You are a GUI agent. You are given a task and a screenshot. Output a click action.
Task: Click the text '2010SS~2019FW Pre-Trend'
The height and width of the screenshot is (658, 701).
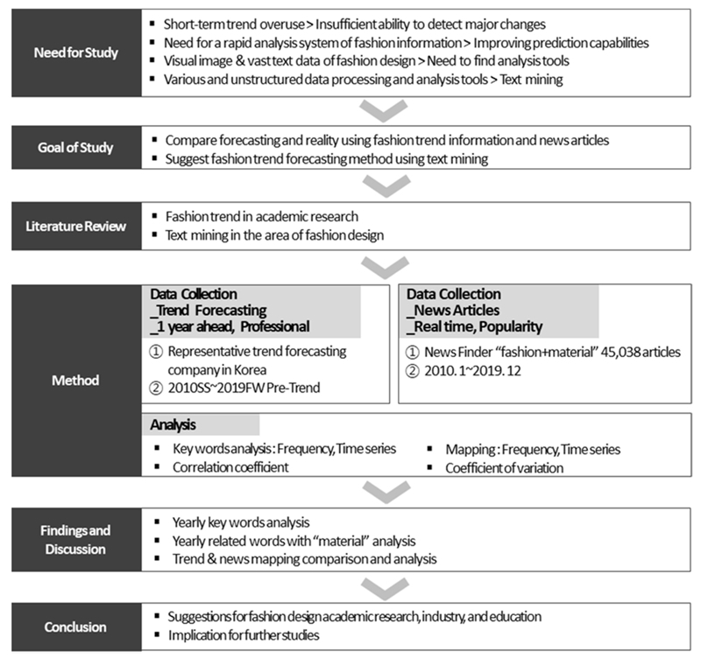click(236, 387)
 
